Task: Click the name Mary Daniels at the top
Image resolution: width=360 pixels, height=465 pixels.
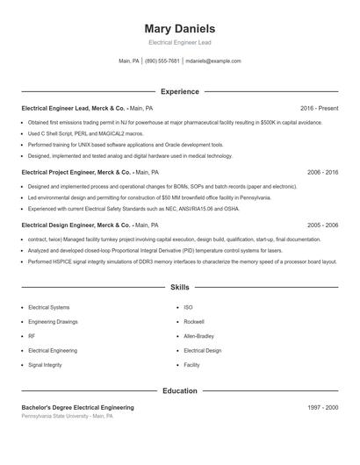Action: click(179, 28)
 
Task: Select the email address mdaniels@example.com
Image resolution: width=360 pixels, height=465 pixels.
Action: click(212, 61)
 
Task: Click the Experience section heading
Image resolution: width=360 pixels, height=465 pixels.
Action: click(179, 91)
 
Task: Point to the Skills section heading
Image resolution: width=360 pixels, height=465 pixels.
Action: click(179, 287)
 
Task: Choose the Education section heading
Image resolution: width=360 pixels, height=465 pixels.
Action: click(179, 390)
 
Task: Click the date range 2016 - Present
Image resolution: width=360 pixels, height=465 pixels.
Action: click(319, 108)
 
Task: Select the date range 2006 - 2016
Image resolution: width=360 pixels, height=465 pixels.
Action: click(322, 173)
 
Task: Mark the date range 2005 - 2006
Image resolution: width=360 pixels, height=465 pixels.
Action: click(322, 225)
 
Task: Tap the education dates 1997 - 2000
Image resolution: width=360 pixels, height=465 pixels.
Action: click(322, 407)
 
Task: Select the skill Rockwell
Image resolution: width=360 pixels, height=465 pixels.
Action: click(194, 322)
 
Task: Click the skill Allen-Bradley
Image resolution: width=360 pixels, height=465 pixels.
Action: click(198, 336)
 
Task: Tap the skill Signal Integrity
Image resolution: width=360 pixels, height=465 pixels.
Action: click(45, 364)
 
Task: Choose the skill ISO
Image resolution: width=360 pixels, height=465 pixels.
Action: click(188, 307)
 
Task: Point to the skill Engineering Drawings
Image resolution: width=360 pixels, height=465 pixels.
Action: click(54, 322)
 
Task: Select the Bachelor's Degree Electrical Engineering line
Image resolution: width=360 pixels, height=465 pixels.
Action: click(77, 407)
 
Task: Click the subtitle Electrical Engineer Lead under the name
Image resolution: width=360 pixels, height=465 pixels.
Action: click(179, 42)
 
